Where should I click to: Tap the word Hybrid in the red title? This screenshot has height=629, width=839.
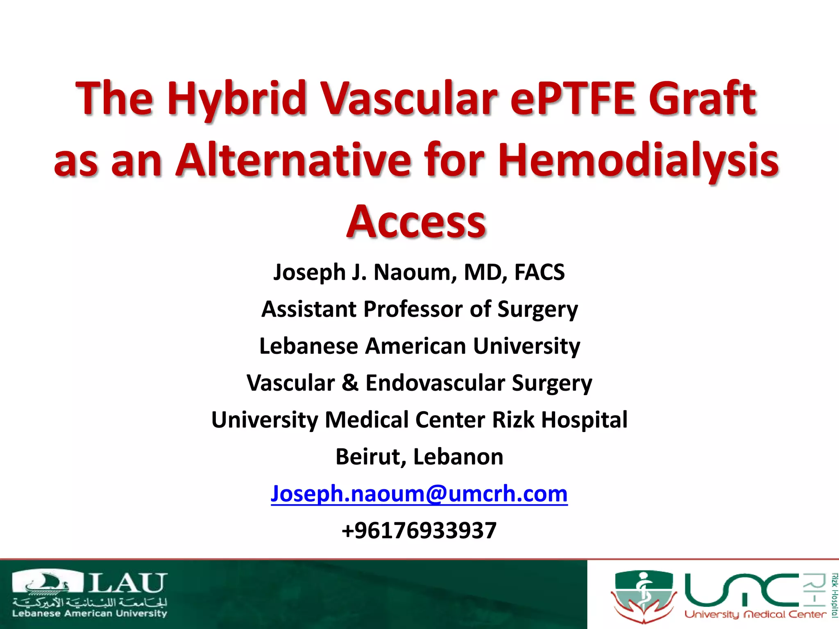coord(237,98)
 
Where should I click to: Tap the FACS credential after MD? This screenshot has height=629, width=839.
coord(539,272)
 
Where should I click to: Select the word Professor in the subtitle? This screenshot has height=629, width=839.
coord(413,309)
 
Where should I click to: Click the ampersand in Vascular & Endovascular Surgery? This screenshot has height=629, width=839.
coord(350,383)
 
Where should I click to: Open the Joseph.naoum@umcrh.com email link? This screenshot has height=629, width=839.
coord(419,493)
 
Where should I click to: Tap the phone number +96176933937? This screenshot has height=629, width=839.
coord(419,530)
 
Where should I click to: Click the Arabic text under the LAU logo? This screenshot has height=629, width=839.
coord(90,602)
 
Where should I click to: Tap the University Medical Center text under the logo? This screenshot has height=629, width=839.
coord(755,614)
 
